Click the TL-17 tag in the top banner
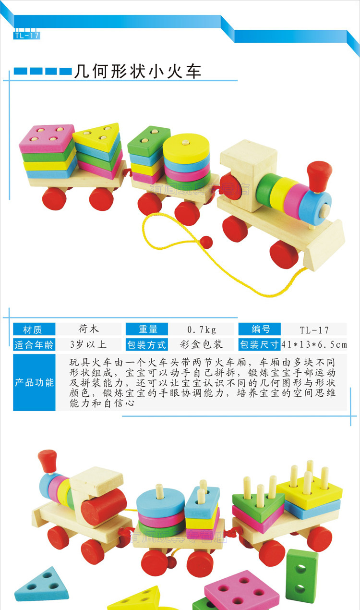[26, 36]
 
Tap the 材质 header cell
[34, 329]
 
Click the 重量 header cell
[148, 329]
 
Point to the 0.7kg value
[202, 329]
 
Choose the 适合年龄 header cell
[34, 344]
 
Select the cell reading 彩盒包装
[202, 344]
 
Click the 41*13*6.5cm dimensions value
[314, 344]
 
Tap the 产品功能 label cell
[34, 383]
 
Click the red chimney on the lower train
[48, 460]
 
